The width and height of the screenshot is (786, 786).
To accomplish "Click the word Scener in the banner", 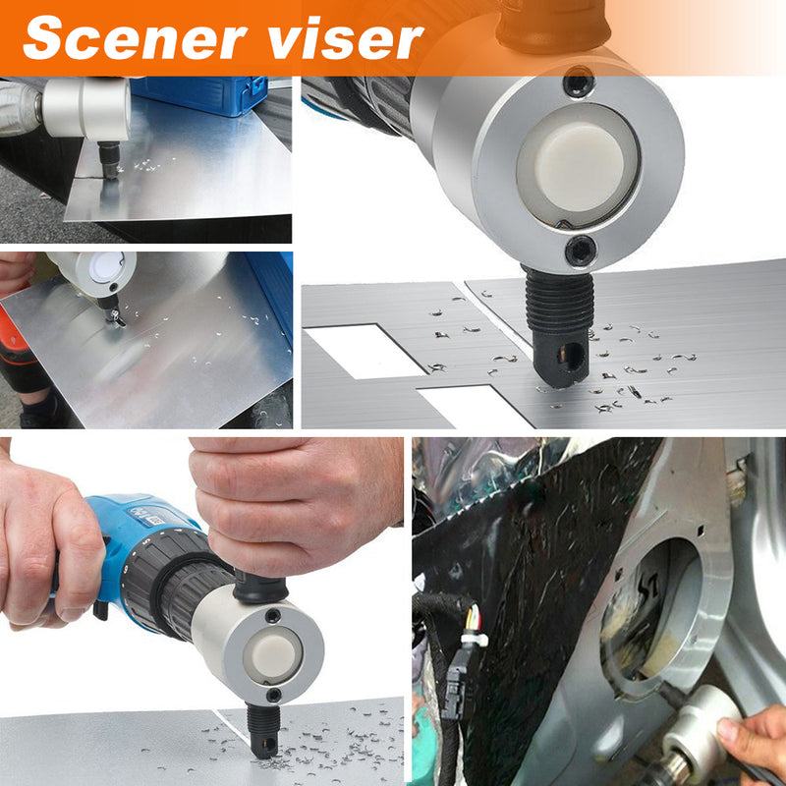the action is (x=136, y=37).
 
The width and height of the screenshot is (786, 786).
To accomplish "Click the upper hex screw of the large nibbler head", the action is (x=579, y=83).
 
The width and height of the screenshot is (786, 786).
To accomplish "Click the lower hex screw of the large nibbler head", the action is (x=581, y=251).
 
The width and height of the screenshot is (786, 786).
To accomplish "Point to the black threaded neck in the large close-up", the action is (x=559, y=299).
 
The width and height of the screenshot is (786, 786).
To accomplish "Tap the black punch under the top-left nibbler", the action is (x=109, y=158).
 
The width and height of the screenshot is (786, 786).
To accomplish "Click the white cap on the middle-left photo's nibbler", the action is (x=107, y=265).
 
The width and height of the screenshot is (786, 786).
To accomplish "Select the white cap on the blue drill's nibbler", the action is (x=273, y=655).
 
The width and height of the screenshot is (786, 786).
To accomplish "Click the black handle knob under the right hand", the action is (x=259, y=587).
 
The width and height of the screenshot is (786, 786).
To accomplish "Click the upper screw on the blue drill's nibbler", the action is (x=273, y=616).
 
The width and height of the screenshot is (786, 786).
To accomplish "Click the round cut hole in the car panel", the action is (x=651, y=609).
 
